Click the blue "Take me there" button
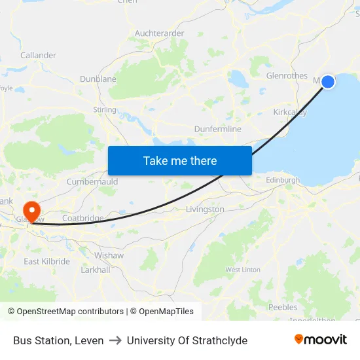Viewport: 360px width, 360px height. point(179,160)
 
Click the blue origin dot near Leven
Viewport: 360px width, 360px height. point(327,81)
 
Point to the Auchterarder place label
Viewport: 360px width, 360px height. point(159,33)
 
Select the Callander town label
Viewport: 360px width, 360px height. point(38,55)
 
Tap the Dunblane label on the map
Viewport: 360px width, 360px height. point(98,79)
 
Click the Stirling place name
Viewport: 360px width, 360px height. point(105,110)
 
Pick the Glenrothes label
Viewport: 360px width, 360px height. point(287,75)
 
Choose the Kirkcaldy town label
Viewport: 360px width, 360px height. point(289,112)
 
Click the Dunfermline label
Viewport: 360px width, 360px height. point(217,129)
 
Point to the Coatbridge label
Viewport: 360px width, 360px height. point(82,218)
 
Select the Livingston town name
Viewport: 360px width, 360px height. point(205,209)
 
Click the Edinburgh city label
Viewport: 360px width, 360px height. point(283,180)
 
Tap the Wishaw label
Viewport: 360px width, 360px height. point(109,255)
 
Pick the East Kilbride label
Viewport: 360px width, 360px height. point(46,261)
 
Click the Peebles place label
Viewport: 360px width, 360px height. point(283,307)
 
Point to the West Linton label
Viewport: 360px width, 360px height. point(243,270)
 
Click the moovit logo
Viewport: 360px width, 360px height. point(320,340)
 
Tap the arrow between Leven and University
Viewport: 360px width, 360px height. point(115,340)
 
